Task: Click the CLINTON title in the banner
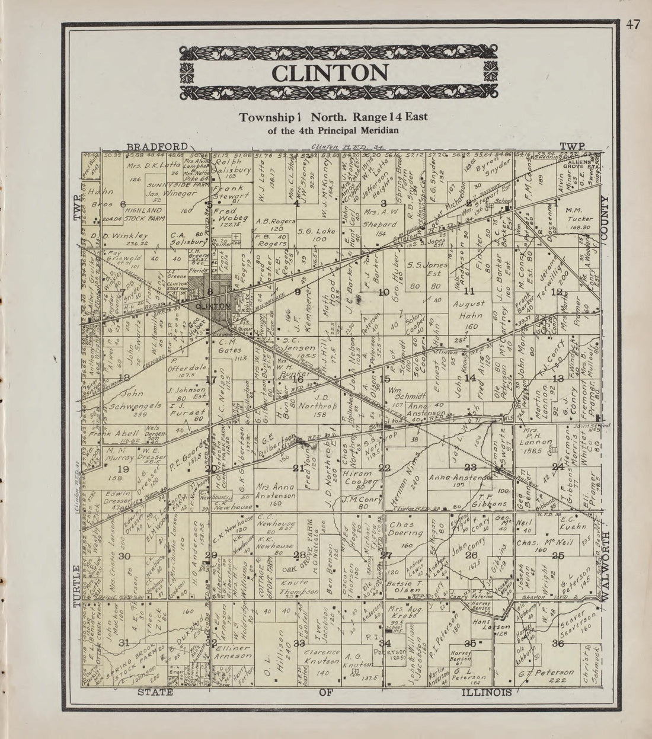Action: coord(330,73)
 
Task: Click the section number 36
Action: coord(557,643)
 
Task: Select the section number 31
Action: coord(124,643)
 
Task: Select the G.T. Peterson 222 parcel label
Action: coord(546,677)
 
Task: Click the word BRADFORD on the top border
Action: coord(156,146)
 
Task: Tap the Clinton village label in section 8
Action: coord(212,306)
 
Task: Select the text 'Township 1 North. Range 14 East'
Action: coord(333,117)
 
